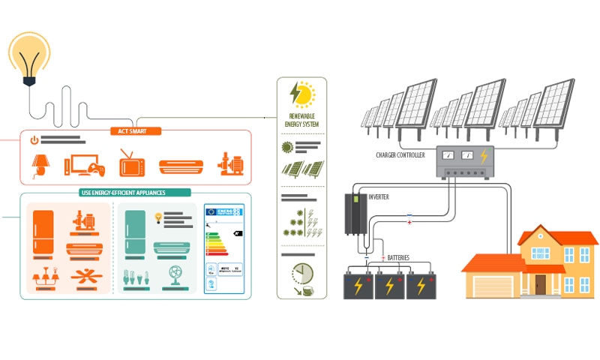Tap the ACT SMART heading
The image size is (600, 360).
pos(135,130)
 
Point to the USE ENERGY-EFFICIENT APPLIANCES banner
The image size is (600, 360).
pos(123,193)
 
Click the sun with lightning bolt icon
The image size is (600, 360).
pos(301,94)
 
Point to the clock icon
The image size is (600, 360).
pos(302,274)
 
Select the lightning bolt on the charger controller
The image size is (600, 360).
pos(484,156)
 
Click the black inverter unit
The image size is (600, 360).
pos(355,213)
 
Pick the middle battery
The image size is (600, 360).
pos(389,285)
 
